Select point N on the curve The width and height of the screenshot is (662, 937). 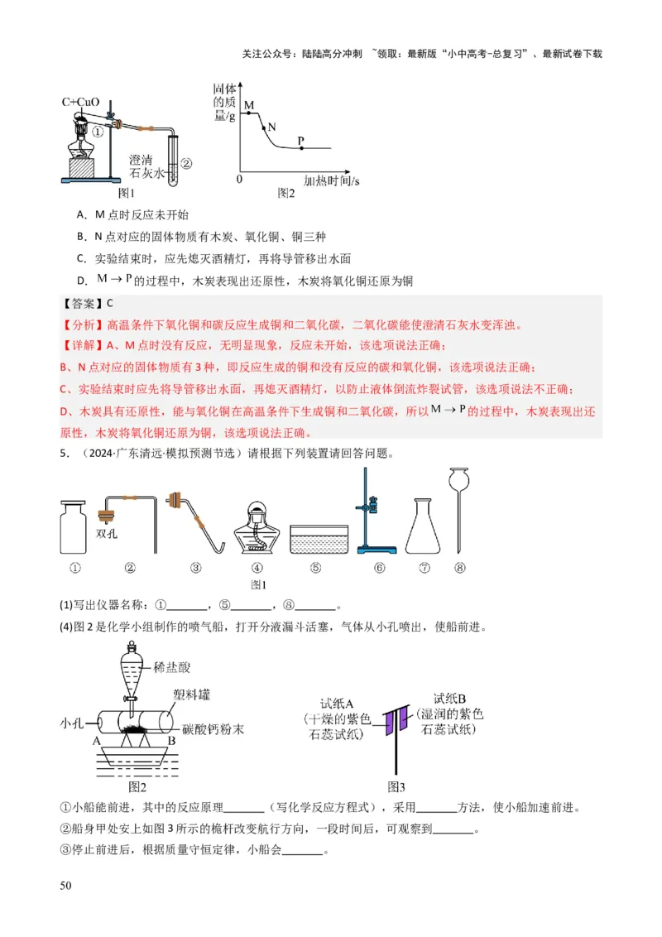(x=263, y=127)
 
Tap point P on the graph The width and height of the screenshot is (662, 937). (x=300, y=148)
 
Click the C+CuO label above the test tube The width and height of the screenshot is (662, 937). (x=80, y=102)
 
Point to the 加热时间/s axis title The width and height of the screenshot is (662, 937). (x=332, y=180)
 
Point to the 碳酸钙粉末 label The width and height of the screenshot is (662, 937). (x=209, y=729)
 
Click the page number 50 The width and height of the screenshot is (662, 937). (x=66, y=887)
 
